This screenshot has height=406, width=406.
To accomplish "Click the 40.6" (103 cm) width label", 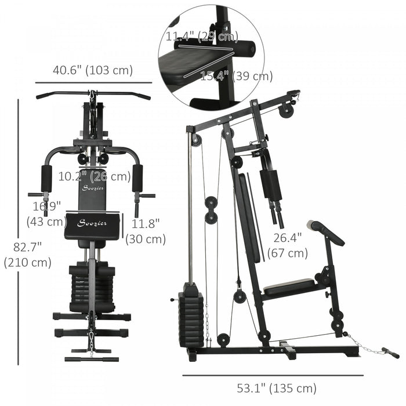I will pyautogui.click(x=93, y=71).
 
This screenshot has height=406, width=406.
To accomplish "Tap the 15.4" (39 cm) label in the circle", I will pyautogui.click(x=228, y=75).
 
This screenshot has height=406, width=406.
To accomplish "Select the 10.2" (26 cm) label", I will pyautogui.click(x=94, y=176).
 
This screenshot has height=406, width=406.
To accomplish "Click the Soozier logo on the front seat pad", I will pyautogui.click(x=93, y=224).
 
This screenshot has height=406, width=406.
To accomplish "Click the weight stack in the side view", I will pyautogui.click(x=191, y=318).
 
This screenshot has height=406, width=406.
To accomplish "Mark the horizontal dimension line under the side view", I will pyautogui.click(x=273, y=374).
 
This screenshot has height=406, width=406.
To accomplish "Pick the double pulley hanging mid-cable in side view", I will pyautogui.click(x=211, y=209).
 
